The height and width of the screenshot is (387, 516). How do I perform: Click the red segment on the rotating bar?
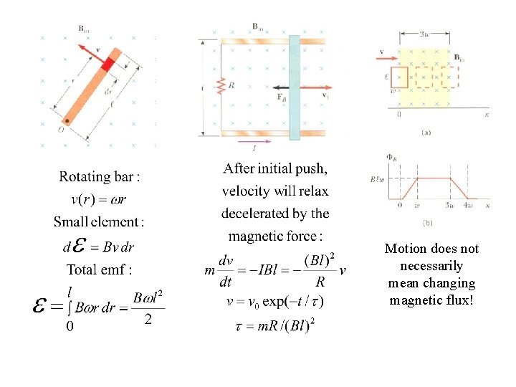point(107,64)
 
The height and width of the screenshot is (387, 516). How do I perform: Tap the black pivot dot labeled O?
point(67,120)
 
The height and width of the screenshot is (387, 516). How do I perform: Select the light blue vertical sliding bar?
point(294,86)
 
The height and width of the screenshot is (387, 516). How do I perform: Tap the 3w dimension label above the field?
point(424,34)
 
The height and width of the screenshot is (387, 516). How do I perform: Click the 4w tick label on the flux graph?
point(467,206)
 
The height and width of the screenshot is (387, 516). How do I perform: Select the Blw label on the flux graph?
point(378,179)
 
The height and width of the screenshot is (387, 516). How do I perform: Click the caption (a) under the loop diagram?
point(426,132)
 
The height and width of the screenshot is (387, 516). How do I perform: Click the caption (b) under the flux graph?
point(427,223)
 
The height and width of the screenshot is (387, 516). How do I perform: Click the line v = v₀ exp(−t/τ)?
point(274,302)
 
